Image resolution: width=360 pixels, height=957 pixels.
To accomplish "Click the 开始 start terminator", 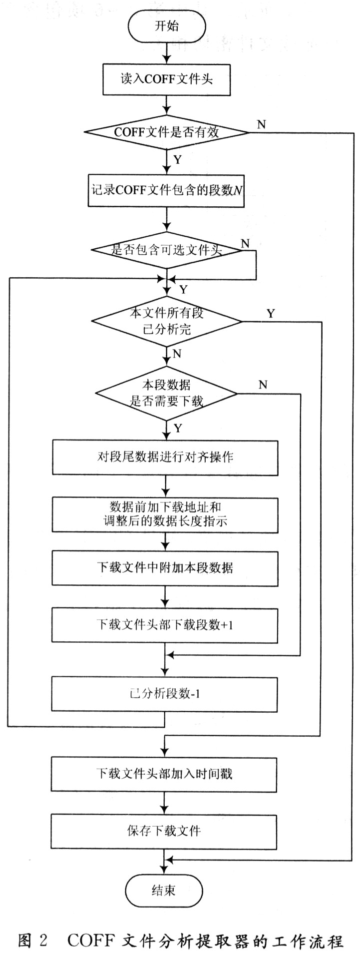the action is coord(166,26).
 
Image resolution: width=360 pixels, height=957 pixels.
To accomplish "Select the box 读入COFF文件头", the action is coord(166,79).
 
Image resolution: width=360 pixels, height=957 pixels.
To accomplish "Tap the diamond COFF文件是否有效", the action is coord(166,132).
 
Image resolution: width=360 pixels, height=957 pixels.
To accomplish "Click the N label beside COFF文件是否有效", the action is coord(261,124).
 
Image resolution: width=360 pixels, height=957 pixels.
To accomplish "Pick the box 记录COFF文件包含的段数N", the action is coord(166,190).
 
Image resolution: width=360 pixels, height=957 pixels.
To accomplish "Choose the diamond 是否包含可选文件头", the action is coord(166,250).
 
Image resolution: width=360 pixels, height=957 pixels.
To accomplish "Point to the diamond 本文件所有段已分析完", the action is coord(166,321).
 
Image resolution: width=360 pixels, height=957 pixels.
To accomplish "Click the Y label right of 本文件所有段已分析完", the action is coord(271,313).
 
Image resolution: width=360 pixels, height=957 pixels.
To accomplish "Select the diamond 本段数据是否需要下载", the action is coord(166,394).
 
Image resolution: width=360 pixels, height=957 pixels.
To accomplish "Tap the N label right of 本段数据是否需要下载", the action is coord(263,384).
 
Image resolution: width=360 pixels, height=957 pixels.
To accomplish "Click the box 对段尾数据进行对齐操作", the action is coord(165,457).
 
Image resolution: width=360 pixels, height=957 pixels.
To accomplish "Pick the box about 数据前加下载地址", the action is coord(165,514).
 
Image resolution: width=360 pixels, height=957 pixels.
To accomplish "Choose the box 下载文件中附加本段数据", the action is coord(165,568).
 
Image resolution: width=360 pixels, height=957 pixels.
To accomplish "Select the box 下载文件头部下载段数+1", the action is coord(165,625).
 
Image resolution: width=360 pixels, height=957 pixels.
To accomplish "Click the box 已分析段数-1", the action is coord(164,694).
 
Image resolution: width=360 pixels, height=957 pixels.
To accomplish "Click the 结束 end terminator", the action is coord(164,890).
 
